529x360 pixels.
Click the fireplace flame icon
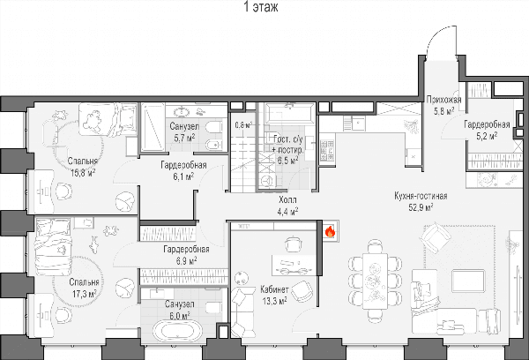[x=330, y=232]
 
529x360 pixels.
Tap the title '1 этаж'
[x=261, y=7]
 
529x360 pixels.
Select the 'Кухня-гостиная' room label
[x=421, y=196]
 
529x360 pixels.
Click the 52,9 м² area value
[x=421, y=207]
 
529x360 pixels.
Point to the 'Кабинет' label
[x=274, y=289]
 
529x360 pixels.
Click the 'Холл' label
[x=287, y=200]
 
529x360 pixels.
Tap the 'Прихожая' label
[x=443, y=100]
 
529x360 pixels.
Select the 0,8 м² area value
[x=243, y=125]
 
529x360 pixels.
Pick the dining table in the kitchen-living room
[x=375, y=281]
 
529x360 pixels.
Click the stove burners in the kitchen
[x=326, y=151]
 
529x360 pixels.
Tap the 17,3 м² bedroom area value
[x=84, y=294]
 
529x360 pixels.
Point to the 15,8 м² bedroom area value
[x=83, y=173]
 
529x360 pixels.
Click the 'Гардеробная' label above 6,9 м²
[x=186, y=249]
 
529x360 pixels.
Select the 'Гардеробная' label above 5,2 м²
[x=487, y=124]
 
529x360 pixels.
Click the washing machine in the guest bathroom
[x=267, y=181]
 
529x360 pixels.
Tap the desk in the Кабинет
[x=294, y=265]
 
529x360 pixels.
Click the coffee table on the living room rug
[x=468, y=281]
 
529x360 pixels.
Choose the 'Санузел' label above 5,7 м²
[x=184, y=127]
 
